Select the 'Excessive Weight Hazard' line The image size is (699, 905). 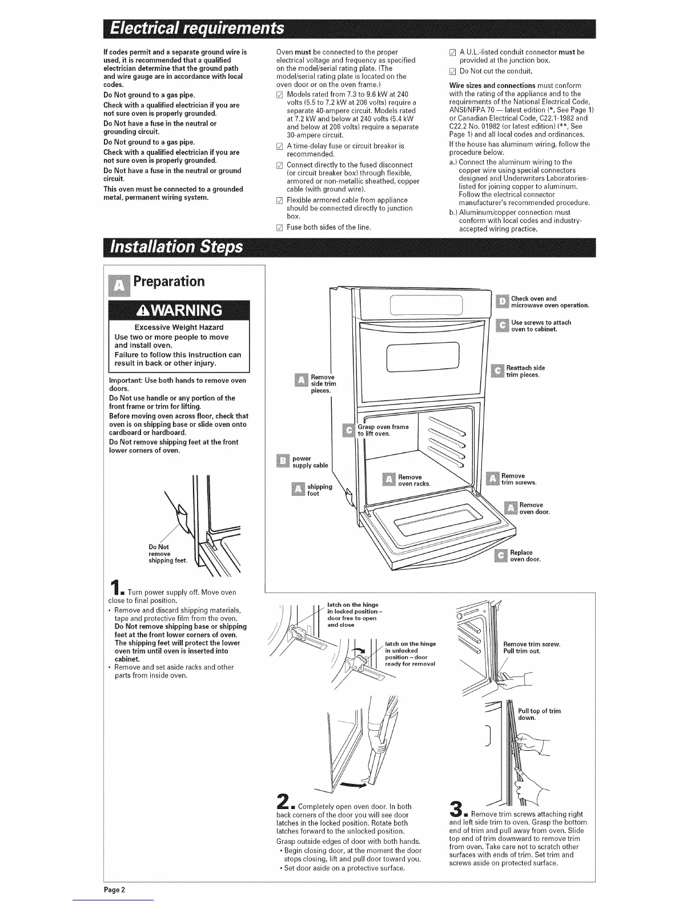click(178, 327)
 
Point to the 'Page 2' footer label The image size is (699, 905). click(114, 890)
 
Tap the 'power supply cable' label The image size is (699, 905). click(310, 462)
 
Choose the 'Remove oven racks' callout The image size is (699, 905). click(409, 480)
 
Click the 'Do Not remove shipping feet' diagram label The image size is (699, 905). click(159, 554)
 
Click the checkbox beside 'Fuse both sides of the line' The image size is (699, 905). click(279, 227)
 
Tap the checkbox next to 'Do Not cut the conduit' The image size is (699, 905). click(452, 71)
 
